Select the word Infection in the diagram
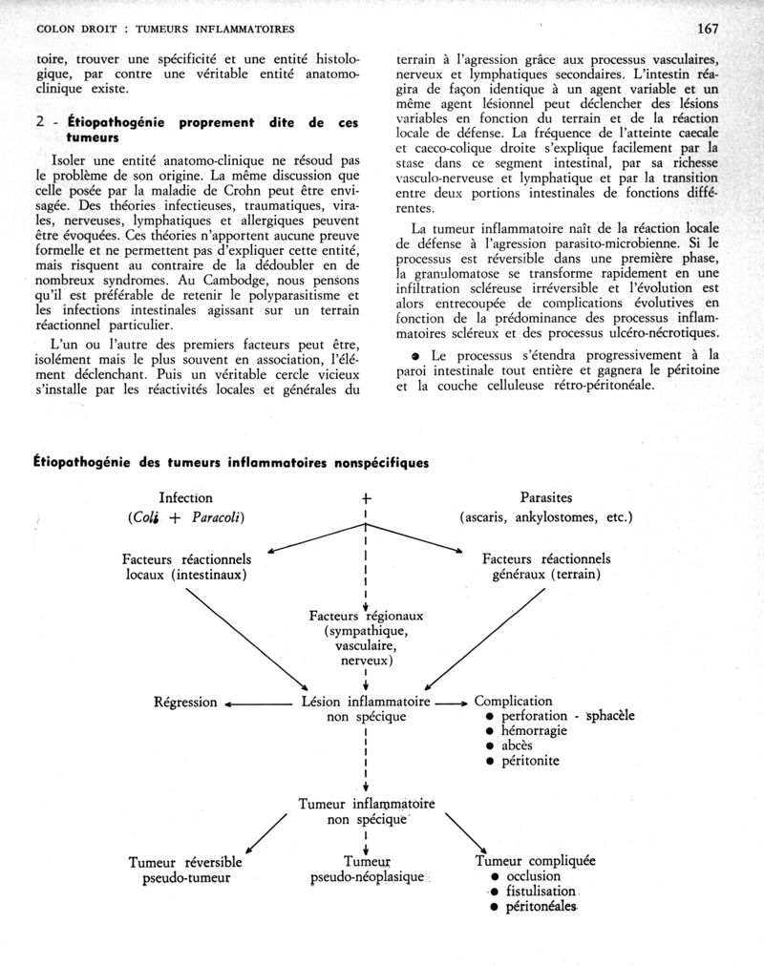(x=185, y=498)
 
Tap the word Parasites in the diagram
(x=546, y=498)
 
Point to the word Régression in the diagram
(x=186, y=703)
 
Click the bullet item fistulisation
(x=540, y=892)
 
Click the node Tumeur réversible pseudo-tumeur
(x=186, y=870)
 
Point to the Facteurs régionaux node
(x=367, y=638)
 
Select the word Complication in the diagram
(x=514, y=702)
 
